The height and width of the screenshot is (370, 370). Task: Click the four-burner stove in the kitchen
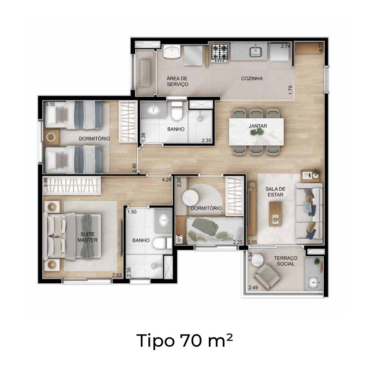220,53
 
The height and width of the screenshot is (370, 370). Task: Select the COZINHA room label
252,78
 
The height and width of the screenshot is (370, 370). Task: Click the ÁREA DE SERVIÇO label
178,81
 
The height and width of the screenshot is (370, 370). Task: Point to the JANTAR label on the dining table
258,126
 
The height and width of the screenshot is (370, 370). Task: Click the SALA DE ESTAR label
275,192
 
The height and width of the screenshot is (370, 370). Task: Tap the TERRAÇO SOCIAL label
286,261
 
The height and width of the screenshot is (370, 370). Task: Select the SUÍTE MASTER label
88,237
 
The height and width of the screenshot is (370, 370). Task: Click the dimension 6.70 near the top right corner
320,47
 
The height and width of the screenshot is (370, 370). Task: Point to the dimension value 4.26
166,179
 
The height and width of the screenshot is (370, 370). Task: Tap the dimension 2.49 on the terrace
253,287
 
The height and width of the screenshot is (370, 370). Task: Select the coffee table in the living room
275,214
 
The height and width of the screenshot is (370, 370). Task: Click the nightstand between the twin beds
51,137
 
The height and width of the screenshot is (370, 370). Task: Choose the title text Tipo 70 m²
185,341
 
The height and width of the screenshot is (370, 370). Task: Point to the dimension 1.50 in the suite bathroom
132,212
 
